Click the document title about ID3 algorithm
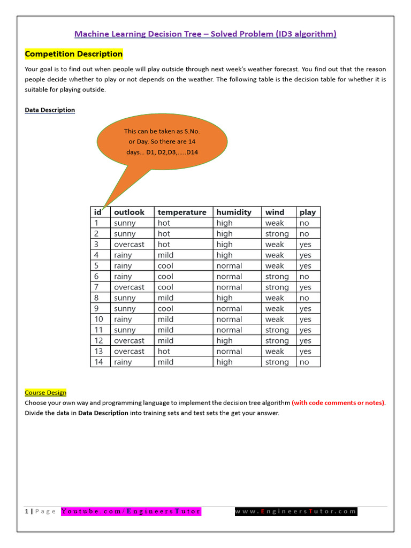205,34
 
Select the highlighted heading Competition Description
74,54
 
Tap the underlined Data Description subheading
50,110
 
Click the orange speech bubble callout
162,142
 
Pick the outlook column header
129,212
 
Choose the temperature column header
182,212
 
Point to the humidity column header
234,212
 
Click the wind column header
275,212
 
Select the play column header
308,212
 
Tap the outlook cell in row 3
129,245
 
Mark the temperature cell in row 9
165,309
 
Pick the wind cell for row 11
277,330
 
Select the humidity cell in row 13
229,352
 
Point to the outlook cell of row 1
125,223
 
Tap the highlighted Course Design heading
45,392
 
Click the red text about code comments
338,402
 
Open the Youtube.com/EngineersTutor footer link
131,511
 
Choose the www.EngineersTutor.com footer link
296,511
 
